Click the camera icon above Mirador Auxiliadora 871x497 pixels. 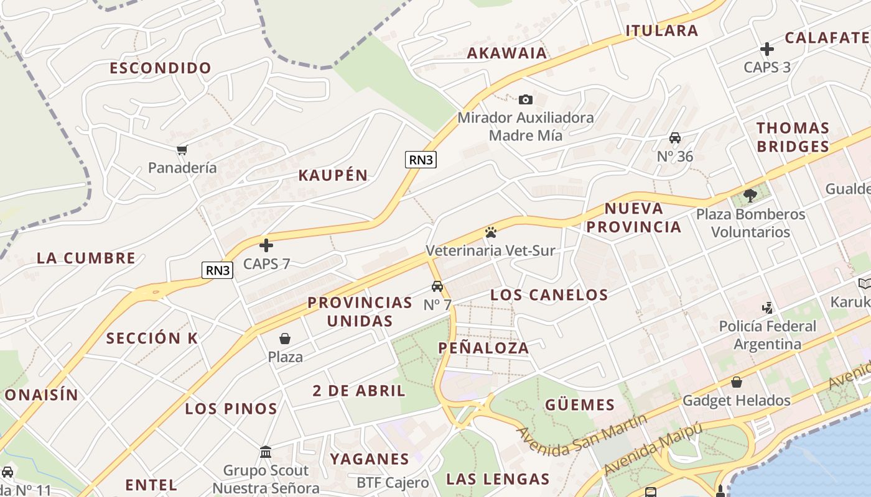pos(526,99)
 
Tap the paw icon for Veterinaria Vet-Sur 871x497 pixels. pos(490,233)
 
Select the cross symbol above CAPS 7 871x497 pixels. pos(266,245)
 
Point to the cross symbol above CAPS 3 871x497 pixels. pos(767,49)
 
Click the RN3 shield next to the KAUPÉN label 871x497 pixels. pos(421,160)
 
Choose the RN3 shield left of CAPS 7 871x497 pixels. pos(218,270)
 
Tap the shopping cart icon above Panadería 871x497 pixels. pos(182,150)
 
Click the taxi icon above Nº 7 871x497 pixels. pos(437,286)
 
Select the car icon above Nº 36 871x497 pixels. pos(675,138)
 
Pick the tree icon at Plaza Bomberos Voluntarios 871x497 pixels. pos(750,196)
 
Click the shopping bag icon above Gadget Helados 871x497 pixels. pos(737,382)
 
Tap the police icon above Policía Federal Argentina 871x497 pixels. pos(768,308)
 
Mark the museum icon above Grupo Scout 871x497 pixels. pos(266,452)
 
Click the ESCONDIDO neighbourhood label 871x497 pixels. pos(161,68)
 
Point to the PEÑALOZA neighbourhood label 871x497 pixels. pos(483,348)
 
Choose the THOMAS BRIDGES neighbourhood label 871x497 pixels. pos(793,137)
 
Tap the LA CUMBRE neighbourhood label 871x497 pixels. pos(86,258)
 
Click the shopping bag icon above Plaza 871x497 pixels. pos(285,339)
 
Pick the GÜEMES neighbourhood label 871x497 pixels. pos(580,405)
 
